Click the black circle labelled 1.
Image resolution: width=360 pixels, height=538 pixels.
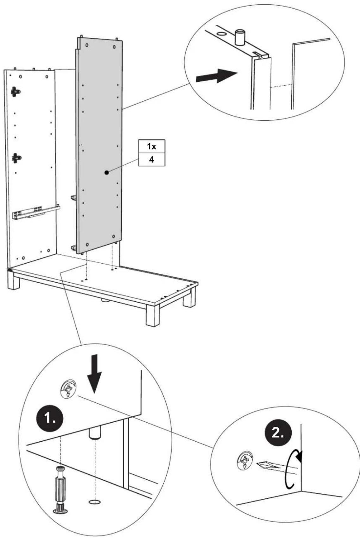click(x=50, y=419)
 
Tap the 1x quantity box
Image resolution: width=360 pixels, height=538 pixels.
click(x=152, y=146)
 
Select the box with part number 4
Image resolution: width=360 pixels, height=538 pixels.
click(x=152, y=159)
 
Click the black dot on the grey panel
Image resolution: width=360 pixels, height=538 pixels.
click(x=107, y=172)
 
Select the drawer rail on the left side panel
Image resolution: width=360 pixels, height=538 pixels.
click(x=36, y=212)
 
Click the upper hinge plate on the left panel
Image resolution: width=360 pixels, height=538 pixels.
click(x=16, y=92)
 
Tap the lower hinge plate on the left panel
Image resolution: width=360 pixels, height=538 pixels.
click(x=16, y=158)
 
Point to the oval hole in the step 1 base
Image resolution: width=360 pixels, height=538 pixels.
click(x=95, y=502)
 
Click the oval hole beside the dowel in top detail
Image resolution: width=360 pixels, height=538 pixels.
click(x=221, y=34)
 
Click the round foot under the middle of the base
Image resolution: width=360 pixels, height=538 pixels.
click(x=104, y=300)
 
